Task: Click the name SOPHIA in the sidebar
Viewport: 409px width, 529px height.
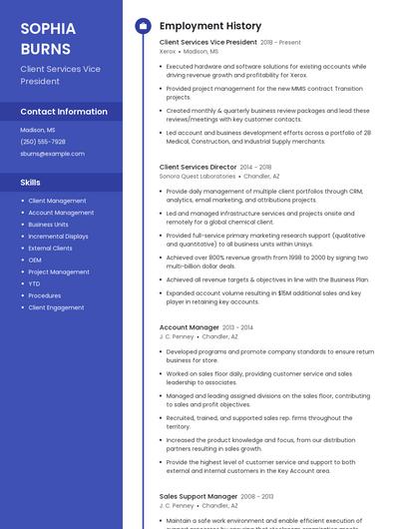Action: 46,28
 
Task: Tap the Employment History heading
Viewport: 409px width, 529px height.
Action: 210,26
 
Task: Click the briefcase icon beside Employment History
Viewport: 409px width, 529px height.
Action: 142,26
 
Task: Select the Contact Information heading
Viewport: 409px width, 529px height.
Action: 64,112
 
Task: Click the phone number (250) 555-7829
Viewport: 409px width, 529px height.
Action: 43,142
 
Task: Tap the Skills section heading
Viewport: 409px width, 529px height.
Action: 31,183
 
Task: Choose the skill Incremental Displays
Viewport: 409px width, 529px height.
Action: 58,237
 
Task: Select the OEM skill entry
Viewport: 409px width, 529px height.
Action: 35,260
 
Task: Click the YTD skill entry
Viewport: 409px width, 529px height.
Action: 35,283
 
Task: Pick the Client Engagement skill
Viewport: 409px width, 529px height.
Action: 56,307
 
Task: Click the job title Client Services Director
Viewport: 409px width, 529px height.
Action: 198,167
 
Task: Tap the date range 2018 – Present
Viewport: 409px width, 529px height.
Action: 280,43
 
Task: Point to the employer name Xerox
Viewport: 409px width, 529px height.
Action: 168,51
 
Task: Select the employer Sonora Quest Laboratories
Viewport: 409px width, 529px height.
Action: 198,176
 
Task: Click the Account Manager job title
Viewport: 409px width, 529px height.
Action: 189,327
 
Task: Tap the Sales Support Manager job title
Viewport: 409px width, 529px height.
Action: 199,496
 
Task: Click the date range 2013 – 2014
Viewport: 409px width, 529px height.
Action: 237,327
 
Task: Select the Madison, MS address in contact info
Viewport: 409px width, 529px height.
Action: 38,130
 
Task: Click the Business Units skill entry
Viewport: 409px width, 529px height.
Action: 48,225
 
